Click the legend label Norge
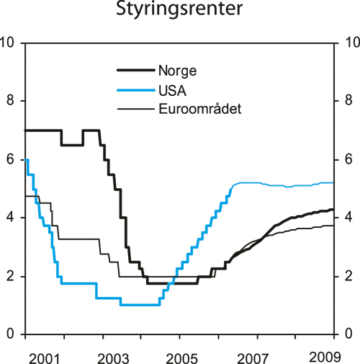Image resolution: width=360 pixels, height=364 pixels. click(x=177, y=71)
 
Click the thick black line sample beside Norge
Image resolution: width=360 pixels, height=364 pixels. click(x=135, y=71)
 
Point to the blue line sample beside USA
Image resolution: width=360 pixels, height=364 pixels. click(x=135, y=90)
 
